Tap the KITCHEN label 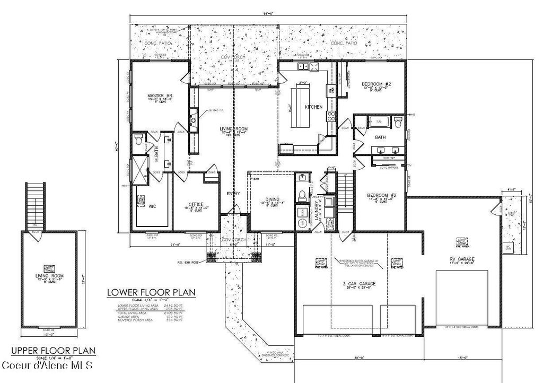coord(313,107)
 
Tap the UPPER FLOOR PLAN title coord(53,350)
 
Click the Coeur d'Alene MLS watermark coord(47,366)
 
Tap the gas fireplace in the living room coord(194,117)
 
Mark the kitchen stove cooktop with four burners coord(332,117)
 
